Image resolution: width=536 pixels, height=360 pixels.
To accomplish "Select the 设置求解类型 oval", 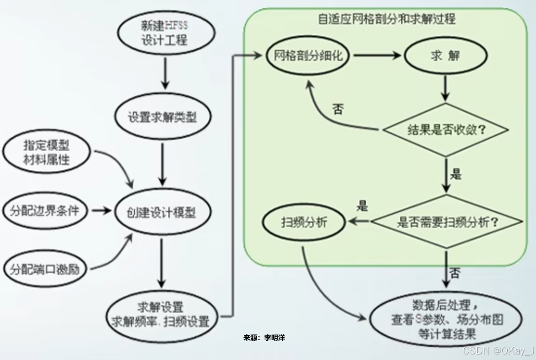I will tap(162, 117).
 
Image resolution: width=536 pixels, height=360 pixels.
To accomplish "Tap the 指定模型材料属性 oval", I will tap(46, 153).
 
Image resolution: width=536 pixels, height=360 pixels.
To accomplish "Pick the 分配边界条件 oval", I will tap(44, 211).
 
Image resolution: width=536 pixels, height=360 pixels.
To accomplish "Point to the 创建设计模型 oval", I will tap(162, 212).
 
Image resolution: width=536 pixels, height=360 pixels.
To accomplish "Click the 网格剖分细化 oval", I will tap(308, 56).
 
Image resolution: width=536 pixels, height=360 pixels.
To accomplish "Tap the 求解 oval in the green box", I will tap(445, 56).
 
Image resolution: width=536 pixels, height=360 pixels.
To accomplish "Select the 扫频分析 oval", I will tap(304, 223).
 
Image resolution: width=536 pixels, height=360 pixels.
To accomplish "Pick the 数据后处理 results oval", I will tap(446, 319).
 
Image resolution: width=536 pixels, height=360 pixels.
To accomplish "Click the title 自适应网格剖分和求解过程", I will tap(386, 19).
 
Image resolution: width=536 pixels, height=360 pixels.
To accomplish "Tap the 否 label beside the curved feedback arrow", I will tap(338, 110).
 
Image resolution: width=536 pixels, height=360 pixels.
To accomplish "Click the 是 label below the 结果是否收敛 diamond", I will tap(456, 174).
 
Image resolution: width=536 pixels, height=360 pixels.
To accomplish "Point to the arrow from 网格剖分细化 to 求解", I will tap(377, 56).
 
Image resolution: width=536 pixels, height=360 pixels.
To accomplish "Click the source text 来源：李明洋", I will tap(264, 338).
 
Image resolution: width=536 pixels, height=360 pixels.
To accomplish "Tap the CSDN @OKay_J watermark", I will tap(498, 350).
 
